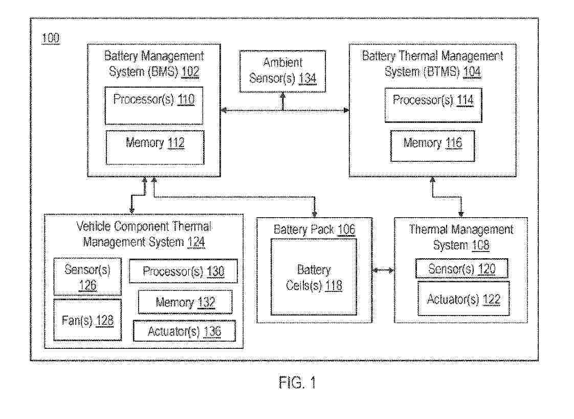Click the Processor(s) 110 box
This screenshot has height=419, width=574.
coord(154,106)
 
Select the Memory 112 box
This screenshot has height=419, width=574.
coord(154,147)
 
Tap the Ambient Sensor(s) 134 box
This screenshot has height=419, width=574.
coord(282,71)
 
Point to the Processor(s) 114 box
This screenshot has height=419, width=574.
coord(433,104)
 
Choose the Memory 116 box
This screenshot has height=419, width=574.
coord(432,146)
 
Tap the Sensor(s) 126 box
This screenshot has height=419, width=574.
coord(87,277)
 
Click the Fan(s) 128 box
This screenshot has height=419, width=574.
coord(87,320)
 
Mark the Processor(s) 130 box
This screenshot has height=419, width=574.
coord(183,271)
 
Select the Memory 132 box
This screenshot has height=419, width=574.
coord(185,302)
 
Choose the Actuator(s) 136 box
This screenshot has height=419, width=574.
coord(184,331)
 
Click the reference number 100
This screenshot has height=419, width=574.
coord(51,38)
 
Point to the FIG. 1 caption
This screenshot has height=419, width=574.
coord(298,382)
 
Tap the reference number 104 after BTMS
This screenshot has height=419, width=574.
coord(472,72)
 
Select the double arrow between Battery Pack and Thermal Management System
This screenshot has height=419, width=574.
coord(383,270)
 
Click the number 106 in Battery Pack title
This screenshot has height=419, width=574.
coord(346,229)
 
